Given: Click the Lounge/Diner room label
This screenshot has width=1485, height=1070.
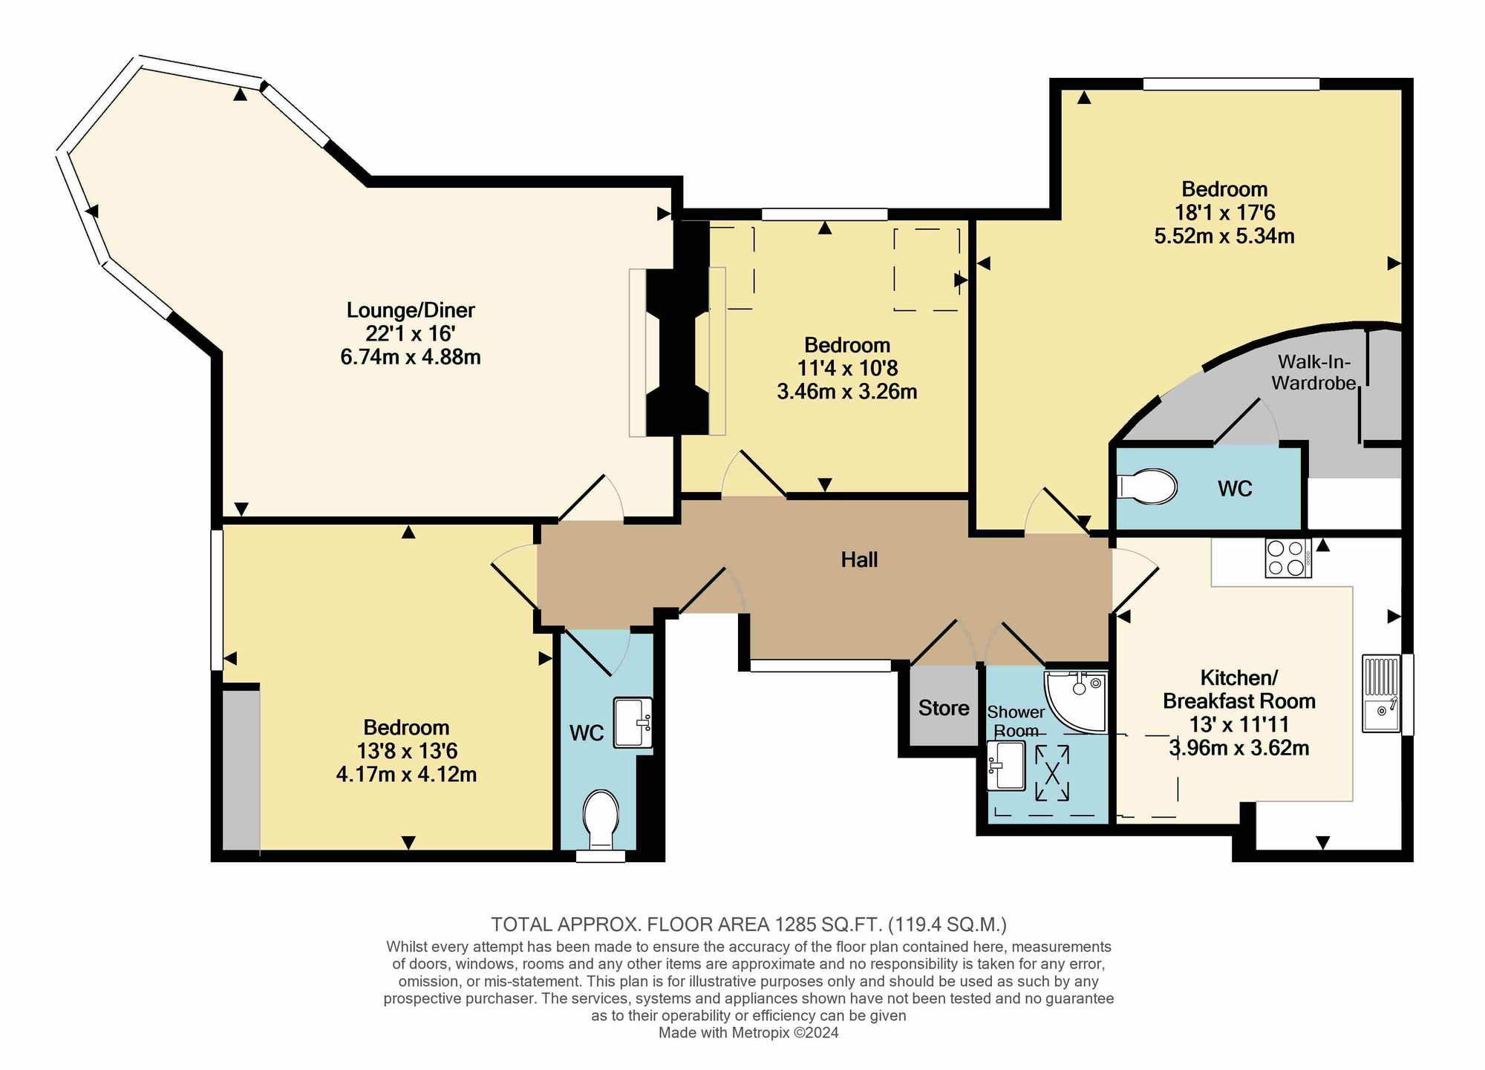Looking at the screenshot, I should (x=410, y=310).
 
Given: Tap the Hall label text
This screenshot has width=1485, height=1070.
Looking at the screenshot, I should (x=859, y=559).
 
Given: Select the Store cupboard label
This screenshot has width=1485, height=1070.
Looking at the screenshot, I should (x=944, y=708).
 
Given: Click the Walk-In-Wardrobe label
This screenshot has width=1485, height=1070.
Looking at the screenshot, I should (x=1313, y=372).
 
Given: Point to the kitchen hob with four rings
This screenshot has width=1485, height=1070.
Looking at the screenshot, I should (x=1287, y=558).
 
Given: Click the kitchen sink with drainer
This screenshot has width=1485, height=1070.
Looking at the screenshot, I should (x=1381, y=693).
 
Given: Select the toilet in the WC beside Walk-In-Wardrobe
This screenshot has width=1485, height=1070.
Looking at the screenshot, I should (x=1147, y=487).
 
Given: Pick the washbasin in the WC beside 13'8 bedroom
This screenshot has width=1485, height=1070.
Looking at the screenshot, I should (x=633, y=722).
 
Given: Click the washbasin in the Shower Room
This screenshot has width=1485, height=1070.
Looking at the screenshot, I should (x=1006, y=765).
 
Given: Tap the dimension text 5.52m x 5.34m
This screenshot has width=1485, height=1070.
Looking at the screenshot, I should (x=1224, y=237).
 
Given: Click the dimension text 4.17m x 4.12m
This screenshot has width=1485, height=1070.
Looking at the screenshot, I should (x=406, y=775).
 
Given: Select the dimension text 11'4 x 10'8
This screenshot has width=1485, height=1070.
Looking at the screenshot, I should (x=846, y=368).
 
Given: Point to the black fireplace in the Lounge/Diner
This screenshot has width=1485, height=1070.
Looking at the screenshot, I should (x=676, y=352).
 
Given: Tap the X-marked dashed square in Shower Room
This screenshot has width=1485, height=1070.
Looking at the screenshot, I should (x=1052, y=773).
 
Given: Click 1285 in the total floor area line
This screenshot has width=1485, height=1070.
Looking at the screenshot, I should (x=792, y=925).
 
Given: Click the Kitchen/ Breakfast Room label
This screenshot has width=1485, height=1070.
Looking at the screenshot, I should (x=1238, y=689).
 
